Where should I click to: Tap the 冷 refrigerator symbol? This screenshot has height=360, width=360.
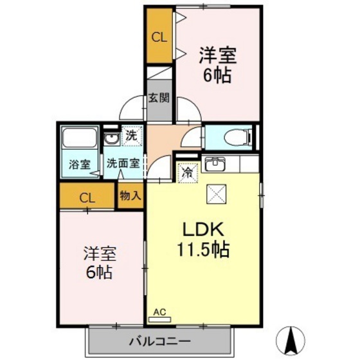pos(188,173)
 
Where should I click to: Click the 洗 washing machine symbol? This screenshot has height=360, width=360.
pos(130,136)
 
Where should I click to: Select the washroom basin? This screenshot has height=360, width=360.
pos(111,139)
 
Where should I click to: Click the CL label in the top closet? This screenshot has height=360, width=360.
pos(159,37)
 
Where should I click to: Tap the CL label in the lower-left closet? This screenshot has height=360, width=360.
pos(87,198)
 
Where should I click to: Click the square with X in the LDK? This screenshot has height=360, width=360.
pos(214,194)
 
